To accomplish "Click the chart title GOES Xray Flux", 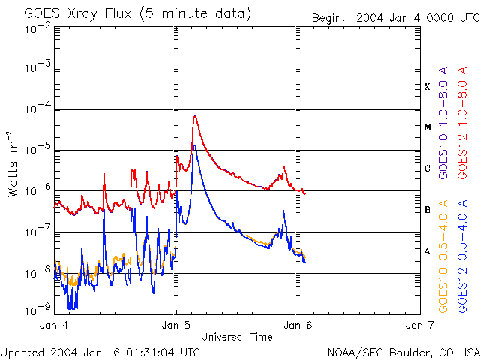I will (137, 14).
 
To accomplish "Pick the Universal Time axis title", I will (236, 337).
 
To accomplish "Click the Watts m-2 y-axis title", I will (13, 163).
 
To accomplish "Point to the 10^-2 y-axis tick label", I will (37, 28).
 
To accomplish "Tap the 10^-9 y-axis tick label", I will (37, 309).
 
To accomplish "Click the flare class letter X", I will (427, 87).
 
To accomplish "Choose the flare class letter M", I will (427, 127).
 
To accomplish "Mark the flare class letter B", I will (427, 210).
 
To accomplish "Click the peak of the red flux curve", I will (195, 116).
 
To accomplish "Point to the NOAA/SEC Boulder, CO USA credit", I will (403, 352).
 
